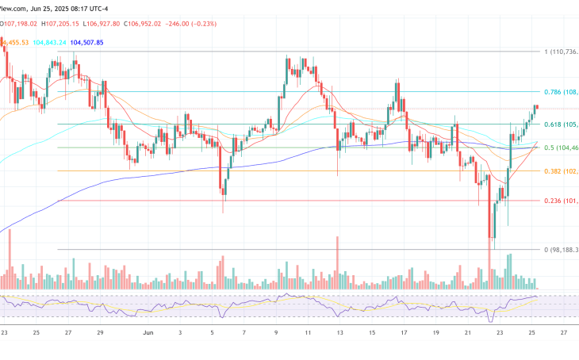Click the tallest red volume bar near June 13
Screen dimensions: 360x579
[339, 262]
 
